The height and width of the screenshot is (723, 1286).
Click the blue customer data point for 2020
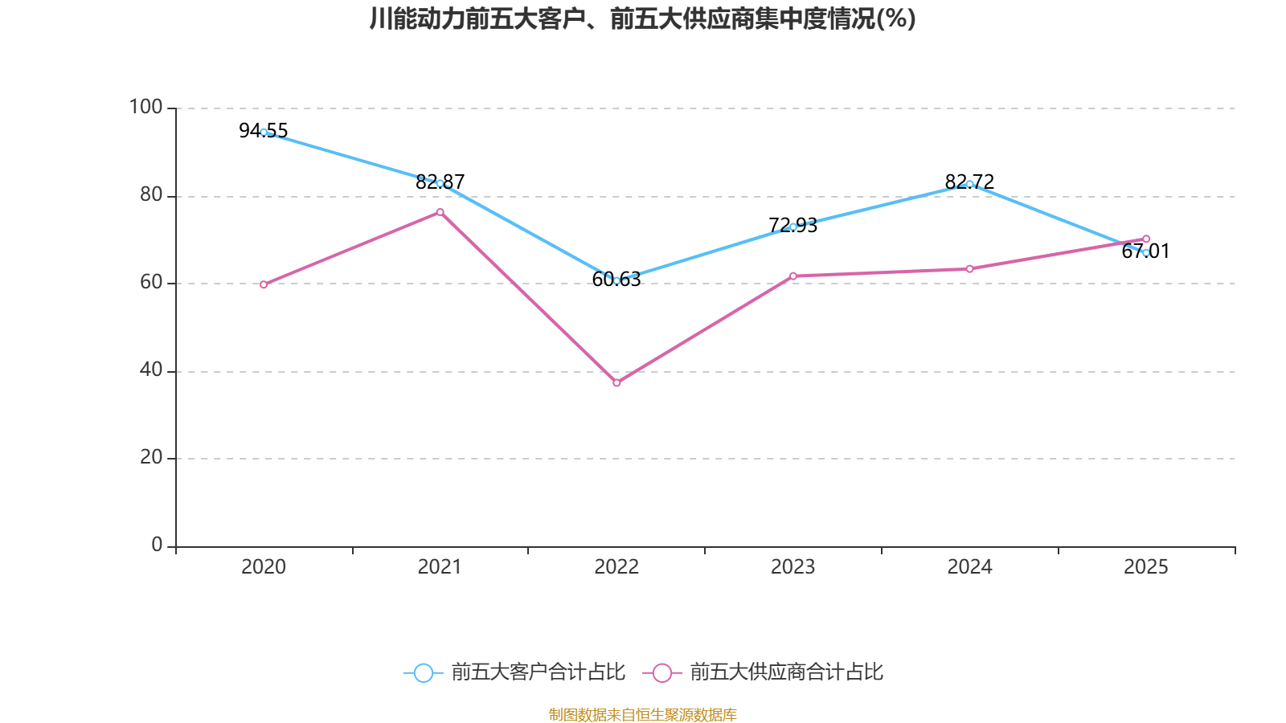coord(264,132)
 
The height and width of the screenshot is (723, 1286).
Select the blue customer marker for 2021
coord(440,183)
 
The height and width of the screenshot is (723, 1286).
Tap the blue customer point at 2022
coord(616,280)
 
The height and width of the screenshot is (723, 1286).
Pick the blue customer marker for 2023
coord(793,227)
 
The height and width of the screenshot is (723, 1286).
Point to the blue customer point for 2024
coord(969,184)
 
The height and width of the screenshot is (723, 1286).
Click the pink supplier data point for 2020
coord(264,284)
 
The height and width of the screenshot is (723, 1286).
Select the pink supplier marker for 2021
coord(440,212)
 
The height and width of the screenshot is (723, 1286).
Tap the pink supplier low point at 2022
coord(616,382)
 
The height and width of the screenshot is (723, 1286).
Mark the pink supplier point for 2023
coord(793,276)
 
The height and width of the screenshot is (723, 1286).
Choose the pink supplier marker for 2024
coord(969,268)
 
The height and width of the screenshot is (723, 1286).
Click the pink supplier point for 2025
coord(1146,239)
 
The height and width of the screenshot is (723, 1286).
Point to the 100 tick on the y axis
coord(145,107)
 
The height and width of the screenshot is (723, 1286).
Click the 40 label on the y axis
coord(150,370)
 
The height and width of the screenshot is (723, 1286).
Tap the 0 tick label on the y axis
coord(157,545)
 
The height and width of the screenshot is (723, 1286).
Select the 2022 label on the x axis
coord(616,567)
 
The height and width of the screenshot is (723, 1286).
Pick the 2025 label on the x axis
coord(1146,567)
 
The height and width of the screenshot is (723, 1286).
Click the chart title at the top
coord(642,18)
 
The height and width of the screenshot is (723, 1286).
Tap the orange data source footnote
coord(642,714)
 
